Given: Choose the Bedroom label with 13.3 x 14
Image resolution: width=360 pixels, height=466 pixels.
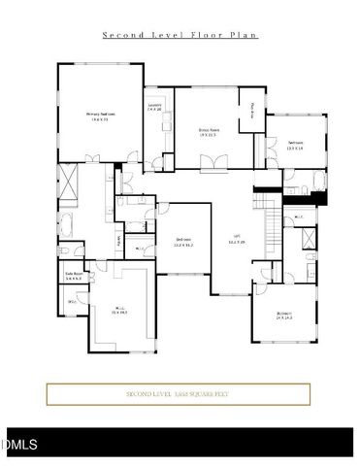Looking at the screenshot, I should [x=295, y=145].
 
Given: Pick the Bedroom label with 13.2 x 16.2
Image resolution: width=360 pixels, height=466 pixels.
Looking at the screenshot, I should [x=183, y=242].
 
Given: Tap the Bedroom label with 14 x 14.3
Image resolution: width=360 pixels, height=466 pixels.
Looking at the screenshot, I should [x=283, y=315].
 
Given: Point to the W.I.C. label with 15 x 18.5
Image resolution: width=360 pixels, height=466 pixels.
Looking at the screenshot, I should [x=119, y=311].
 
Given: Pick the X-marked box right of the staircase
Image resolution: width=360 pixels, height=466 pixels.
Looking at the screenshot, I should [x=306, y=240].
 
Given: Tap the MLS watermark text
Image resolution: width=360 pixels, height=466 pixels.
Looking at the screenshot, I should [x=19, y=445].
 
